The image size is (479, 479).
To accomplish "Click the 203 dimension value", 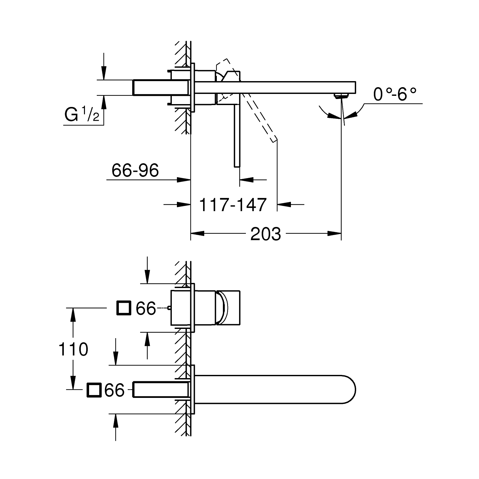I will tap(265, 234).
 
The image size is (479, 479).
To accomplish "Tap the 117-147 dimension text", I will tap(232, 205).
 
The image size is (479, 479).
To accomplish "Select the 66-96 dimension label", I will tap(135, 171).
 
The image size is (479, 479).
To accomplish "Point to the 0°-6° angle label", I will tap(395, 95).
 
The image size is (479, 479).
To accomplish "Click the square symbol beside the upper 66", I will tap(124, 308).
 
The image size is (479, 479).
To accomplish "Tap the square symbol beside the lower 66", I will tap(94, 390).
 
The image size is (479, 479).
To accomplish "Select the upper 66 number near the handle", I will tap(146, 308).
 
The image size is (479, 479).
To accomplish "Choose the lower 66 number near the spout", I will tap(114, 390).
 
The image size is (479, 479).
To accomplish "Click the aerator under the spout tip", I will tap(340, 95).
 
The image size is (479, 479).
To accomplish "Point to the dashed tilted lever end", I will tap(273, 139).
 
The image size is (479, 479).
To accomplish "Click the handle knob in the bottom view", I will tap(228, 308).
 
